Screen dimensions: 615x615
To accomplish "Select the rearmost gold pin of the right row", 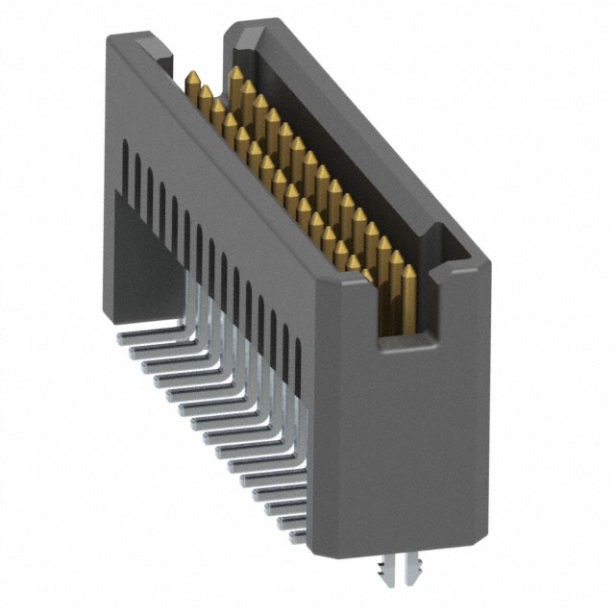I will tap(235, 77).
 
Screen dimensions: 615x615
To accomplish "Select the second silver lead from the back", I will tap(139, 353).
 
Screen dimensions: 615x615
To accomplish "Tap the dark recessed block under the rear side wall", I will tap(139, 259).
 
